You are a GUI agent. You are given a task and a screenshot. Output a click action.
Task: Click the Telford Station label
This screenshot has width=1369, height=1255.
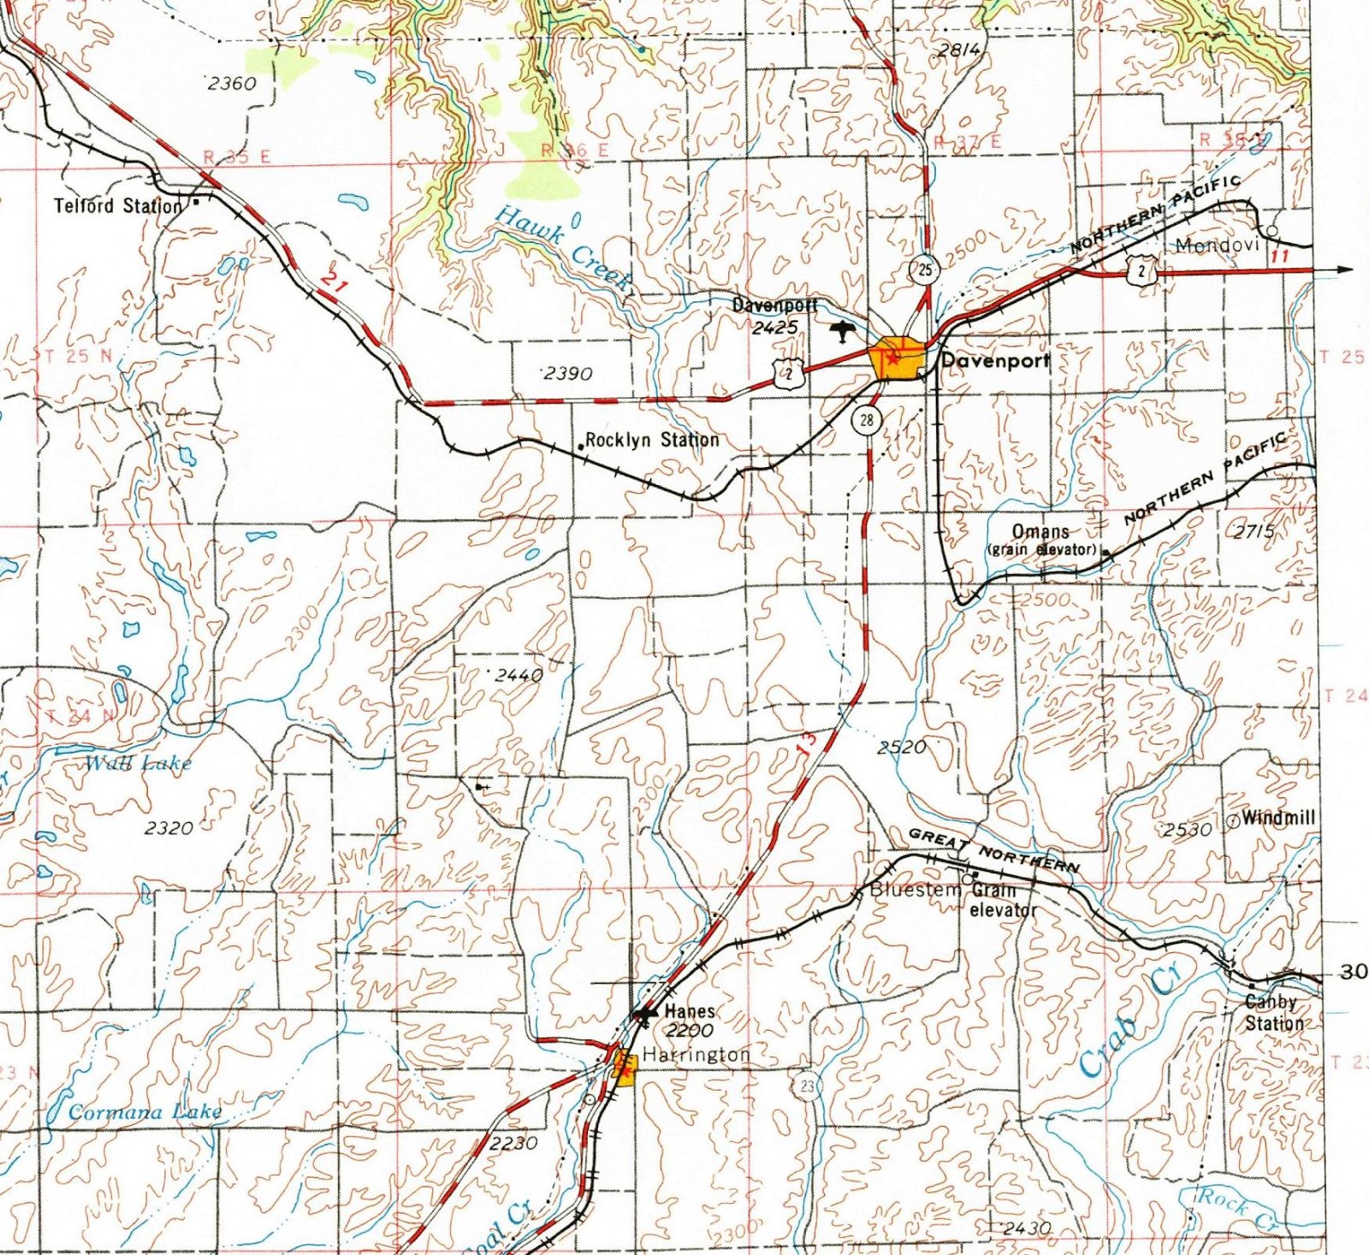pos(118,206)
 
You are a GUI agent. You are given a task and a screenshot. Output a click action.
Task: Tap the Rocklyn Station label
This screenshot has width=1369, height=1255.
pos(652,440)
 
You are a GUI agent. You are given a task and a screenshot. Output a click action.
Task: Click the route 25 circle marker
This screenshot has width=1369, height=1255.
pos(924,270)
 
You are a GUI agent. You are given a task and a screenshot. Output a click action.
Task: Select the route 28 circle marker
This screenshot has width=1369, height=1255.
pos(867,420)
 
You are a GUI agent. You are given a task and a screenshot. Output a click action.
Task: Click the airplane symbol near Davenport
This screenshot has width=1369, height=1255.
pos(843,331)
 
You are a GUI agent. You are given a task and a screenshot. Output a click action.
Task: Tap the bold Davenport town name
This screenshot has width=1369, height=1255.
pos(995,361)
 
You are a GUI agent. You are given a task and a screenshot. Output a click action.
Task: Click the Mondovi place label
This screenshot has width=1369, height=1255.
pos(1217,246)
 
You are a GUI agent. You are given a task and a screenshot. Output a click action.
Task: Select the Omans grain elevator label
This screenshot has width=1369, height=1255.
pos(1041,541)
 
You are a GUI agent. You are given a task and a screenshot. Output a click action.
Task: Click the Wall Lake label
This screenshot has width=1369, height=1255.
pos(138,763)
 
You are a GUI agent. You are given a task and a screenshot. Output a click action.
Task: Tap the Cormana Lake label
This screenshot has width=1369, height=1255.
pos(145,1112)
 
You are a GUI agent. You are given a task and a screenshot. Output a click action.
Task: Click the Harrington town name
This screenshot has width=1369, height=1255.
pos(696,1055)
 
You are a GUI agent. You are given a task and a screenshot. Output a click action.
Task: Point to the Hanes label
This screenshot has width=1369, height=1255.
pos(690,1011)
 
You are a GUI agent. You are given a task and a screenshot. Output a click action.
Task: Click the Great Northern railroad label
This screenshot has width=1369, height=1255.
pos(993,850)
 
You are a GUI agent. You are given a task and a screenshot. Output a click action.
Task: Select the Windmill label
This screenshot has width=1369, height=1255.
pos(1278,817)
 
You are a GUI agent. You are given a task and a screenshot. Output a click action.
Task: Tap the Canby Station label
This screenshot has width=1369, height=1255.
pos(1273,1012)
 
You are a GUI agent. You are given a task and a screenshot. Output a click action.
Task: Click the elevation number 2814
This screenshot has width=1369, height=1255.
pos(958,50)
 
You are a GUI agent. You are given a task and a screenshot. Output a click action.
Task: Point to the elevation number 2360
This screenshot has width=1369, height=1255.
pos(232,83)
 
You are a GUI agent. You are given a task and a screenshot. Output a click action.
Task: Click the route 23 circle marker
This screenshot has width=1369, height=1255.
pos(807,1086)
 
